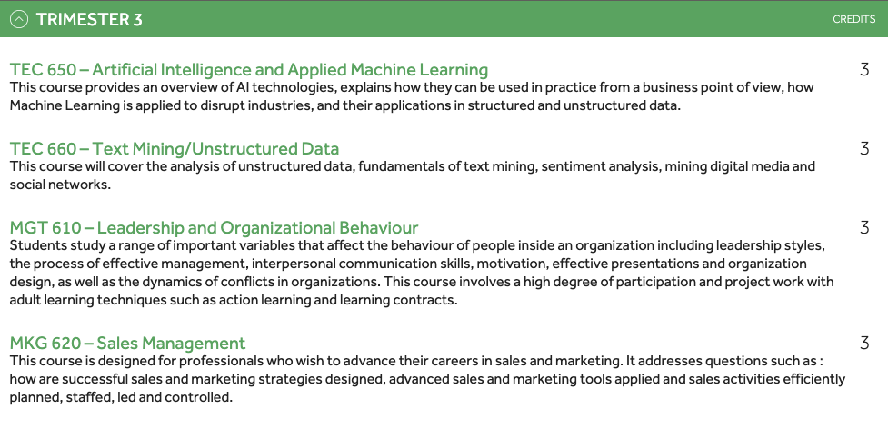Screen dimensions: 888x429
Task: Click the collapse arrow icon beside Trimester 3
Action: point(19,19)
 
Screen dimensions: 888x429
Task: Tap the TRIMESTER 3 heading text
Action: point(89,19)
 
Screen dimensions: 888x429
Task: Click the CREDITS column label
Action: point(854,19)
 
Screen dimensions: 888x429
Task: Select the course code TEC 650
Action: point(43,70)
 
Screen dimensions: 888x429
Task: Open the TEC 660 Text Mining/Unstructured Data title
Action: point(175,149)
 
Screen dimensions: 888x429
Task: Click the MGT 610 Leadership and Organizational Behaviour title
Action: point(215,227)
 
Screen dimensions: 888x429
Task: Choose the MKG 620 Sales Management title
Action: point(127,343)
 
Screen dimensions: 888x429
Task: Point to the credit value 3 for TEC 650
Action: point(864,70)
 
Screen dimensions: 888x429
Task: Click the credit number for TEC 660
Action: point(864,149)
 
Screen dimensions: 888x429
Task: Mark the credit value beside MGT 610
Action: point(864,227)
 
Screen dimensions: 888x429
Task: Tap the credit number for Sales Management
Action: point(864,343)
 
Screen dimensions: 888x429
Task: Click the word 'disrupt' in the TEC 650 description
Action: point(218,105)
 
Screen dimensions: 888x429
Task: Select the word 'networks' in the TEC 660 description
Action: point(84,185)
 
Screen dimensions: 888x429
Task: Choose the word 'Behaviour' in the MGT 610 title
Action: point(379,227)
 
